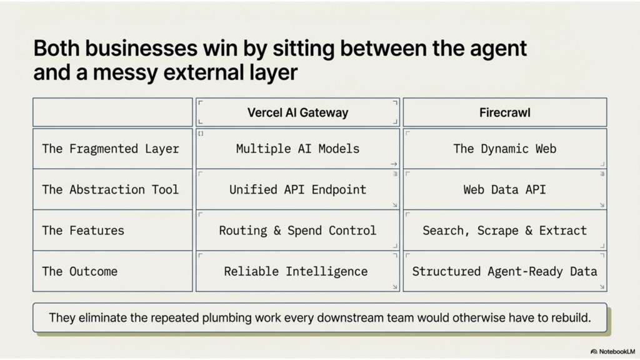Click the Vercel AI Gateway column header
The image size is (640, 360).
(297, 113)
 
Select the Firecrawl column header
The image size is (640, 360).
(505, 113)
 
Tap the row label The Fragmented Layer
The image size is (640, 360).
(111, 149)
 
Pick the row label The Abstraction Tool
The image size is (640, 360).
(111, 189)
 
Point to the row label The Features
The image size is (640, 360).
(83, 230)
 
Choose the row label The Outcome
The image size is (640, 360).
(79, 271)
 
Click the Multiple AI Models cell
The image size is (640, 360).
(297, 149)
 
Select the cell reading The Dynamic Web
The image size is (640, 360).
(505, 149)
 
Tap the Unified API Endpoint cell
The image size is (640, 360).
(297, 189)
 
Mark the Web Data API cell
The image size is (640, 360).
(505, 189)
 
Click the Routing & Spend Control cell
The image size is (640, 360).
(297, 230)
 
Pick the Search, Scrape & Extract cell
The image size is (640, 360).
(505, 230)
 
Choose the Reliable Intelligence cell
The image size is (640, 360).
(296, 271)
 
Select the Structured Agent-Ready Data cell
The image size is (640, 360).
(505, 271)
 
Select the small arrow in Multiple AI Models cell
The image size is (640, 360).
(394, 164)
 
